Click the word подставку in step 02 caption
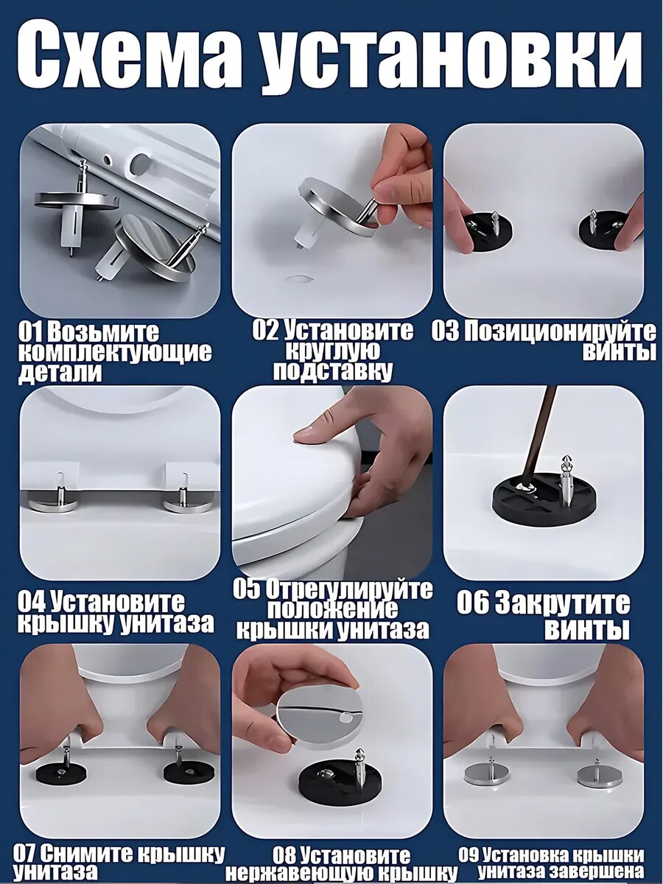pyautogui.click(x=333, y=372)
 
